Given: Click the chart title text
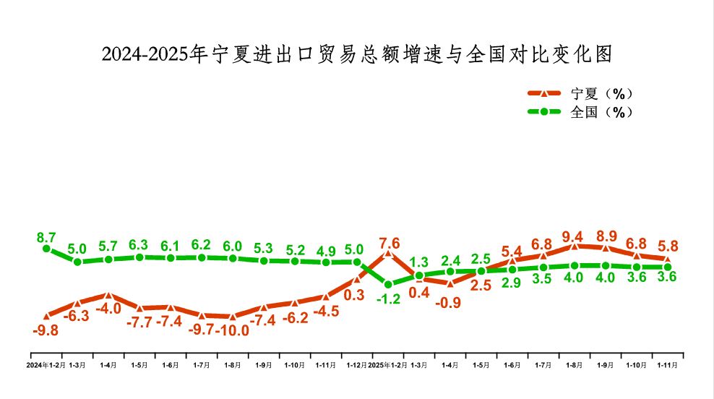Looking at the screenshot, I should point(357,54).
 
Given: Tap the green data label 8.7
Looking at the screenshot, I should point(46,237).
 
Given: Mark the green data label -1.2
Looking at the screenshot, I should point(388,299).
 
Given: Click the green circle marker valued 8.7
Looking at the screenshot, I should point(46,249).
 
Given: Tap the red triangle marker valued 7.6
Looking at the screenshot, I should point(388,254).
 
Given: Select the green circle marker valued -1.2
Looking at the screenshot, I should point(388,284).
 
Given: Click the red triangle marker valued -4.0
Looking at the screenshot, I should point(108,295).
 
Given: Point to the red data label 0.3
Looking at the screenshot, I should point(354,295).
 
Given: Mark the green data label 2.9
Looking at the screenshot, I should point(512,283).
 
